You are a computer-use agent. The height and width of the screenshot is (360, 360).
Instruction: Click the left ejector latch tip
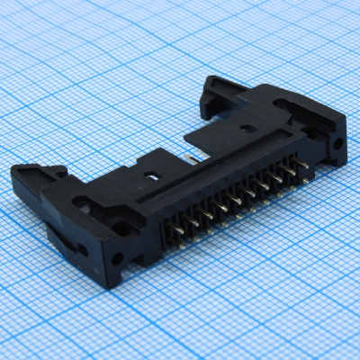pos(27,170)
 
